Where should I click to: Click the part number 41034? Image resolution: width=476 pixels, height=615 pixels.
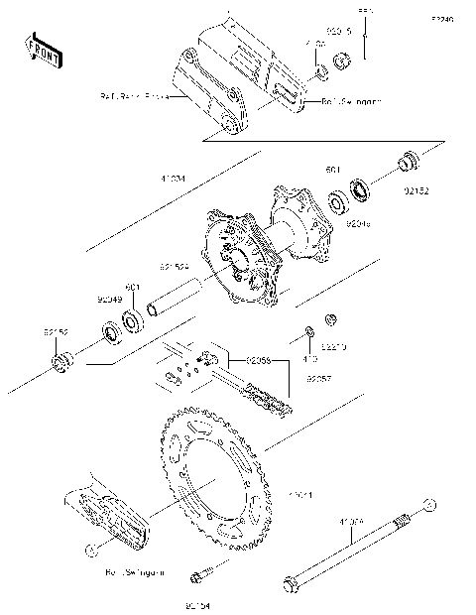172,181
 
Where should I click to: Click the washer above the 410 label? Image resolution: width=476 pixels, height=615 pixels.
309,330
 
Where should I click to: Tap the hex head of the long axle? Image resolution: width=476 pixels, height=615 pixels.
293,584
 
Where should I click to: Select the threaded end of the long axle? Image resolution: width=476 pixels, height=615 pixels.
404,521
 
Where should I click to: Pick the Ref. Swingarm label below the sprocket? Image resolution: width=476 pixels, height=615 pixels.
134,572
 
